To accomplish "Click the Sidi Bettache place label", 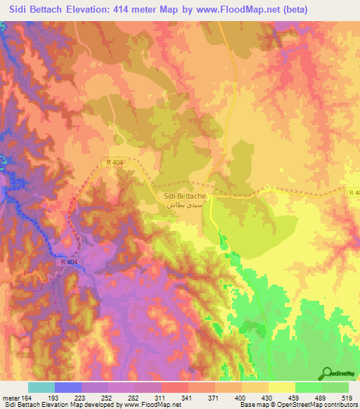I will (x=184, y=197).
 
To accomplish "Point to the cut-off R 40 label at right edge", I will (x=354, y=192).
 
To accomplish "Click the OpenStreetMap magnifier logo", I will (x=328, y=373).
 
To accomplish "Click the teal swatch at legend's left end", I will (x=41, y=387).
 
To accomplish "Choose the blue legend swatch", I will (x=68, y=387).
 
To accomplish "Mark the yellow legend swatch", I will (x=282, y=387).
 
